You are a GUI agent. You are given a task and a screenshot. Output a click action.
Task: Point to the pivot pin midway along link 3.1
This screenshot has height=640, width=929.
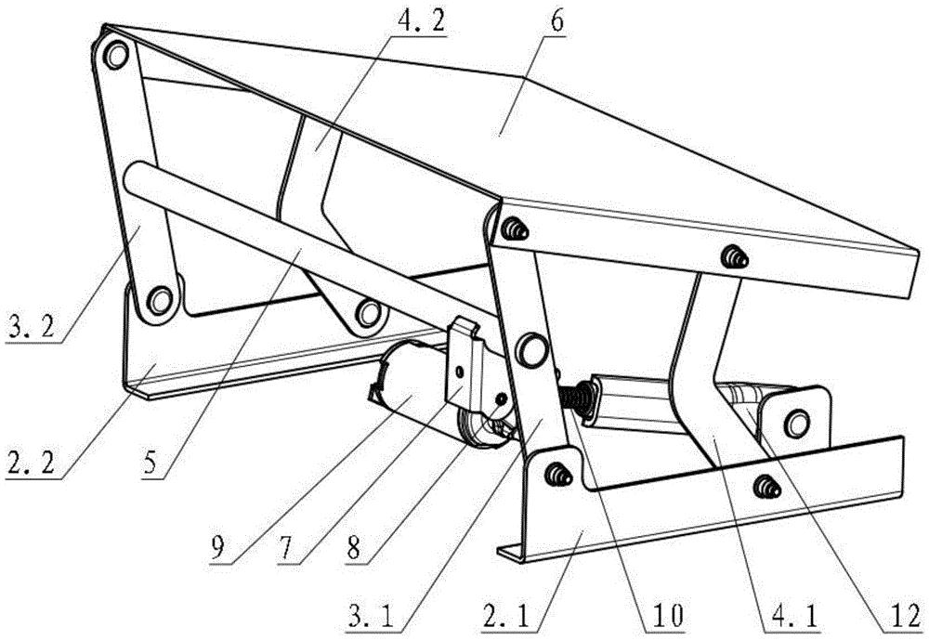click(532, 347)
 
